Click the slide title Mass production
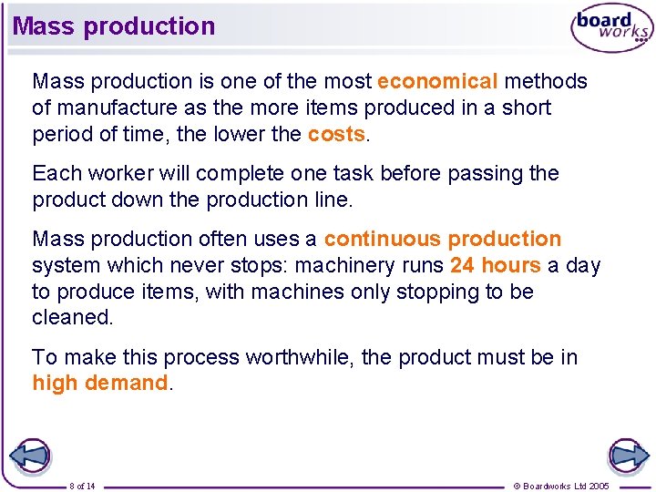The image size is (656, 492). pyautogui.click(x=114, y=26)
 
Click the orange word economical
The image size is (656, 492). pyautogui.click(x=437, y=81)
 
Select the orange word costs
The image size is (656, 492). pyautogui.click(x=336, y=134)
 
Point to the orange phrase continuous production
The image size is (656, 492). pyautogui.click(x=443, y=239)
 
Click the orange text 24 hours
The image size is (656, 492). pyautogui.click(x=495, y=265)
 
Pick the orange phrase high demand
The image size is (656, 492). pyautogui.click(x=100, y=383)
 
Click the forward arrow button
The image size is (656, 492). pyautogui.click(x=628, y=456)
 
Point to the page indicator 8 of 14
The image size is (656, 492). pyautogui.click(x=82, y=486)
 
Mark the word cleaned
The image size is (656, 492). pyautogui.click(x=72, y=317)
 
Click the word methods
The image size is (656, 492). pyautogui.click(x=546, y=81)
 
